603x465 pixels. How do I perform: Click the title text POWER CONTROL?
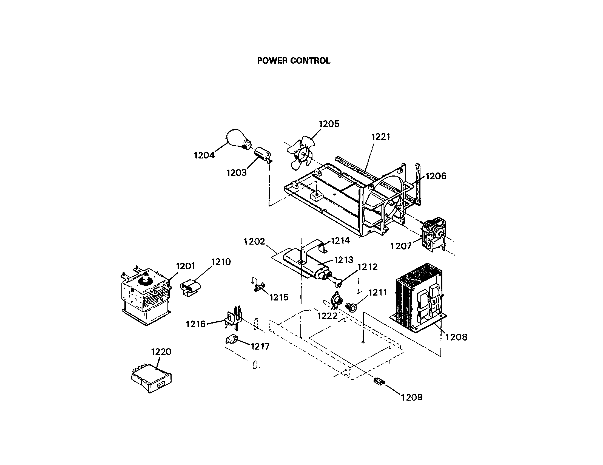pyautogui.click(x=294, y=61)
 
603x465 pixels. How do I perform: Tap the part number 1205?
pyautogui.click(x=329, y=124)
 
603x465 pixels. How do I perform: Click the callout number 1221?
pyautogui.click(x=380, y=137)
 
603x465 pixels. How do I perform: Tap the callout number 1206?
pyautogui.click(x=436, y=176)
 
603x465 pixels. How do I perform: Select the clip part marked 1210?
pyautogui.click(x=190, y=288)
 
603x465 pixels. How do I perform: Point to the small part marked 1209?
pyautogui.click(x=379, y=381)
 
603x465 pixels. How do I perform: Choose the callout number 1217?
pyautogui.click(x=260, y=347)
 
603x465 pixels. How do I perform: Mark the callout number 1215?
pyautogui.click(x=279, y=297)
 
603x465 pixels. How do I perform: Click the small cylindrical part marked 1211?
pyautogui.click(x=351, y=307)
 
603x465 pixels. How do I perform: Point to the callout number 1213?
pyautogui.click(x=344, y=260)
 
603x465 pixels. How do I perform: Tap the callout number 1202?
pyautogui.click(x=254, y=242)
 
